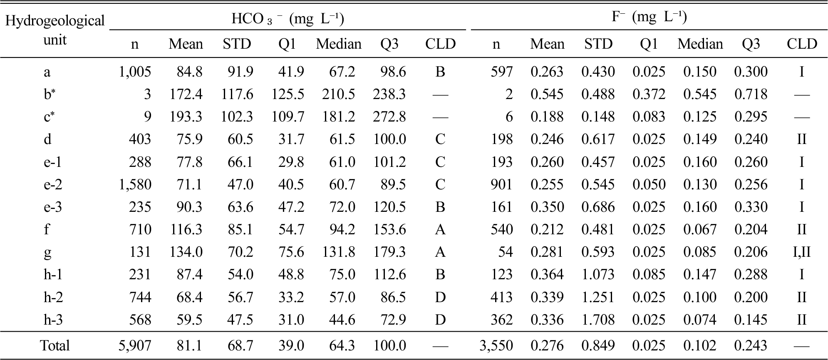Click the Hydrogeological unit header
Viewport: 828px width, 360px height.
55,30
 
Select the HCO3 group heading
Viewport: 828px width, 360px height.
288,19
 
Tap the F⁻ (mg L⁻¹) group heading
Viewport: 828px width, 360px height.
649,17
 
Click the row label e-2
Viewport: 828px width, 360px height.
53,184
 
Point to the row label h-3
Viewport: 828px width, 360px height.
53,320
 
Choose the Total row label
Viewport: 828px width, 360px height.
55,345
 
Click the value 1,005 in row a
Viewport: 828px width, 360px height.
135,72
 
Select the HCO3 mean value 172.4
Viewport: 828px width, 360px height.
186,94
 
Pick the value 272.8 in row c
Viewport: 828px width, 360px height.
389,117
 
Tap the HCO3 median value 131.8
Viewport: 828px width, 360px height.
338,252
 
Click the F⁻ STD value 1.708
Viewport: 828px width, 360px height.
598,320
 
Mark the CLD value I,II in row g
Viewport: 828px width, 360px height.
801,252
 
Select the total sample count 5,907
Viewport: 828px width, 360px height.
135,345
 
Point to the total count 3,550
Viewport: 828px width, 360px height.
496,345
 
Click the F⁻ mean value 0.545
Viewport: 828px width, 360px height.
547,94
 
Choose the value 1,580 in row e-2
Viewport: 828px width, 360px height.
135,184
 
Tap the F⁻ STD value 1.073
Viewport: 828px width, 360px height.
598,275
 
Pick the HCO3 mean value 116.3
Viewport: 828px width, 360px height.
186,230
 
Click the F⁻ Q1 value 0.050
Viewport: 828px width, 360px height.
649,184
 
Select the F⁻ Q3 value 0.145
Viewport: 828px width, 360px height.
751,320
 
